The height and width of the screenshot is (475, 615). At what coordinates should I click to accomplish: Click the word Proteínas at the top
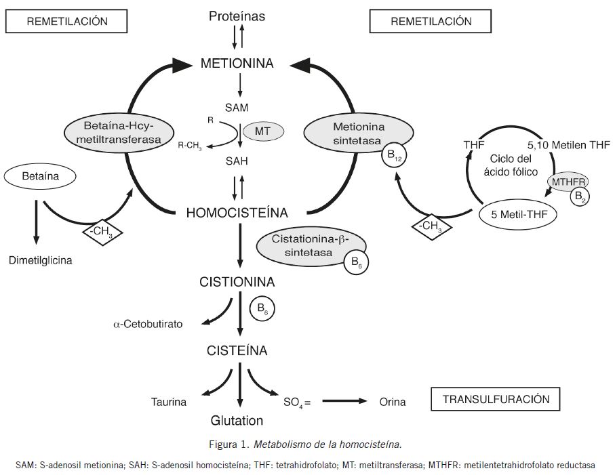pyautogui.click(x=237, y=15)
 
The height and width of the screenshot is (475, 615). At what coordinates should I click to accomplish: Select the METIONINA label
pyautogui.click(x=237, y=64)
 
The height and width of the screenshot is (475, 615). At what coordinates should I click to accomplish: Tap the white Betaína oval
pyautogui.click(x=40, y=178)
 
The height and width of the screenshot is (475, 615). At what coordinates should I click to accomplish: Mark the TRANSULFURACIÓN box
pyautogui.click(x=496, y=398)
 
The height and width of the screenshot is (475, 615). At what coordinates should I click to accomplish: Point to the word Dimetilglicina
pyautogui.click(x=39, y=260)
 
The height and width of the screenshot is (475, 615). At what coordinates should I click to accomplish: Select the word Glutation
pyautogui.click(x=237, y=420)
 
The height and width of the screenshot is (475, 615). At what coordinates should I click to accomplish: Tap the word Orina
pyautogui.click(x=392, y=402)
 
